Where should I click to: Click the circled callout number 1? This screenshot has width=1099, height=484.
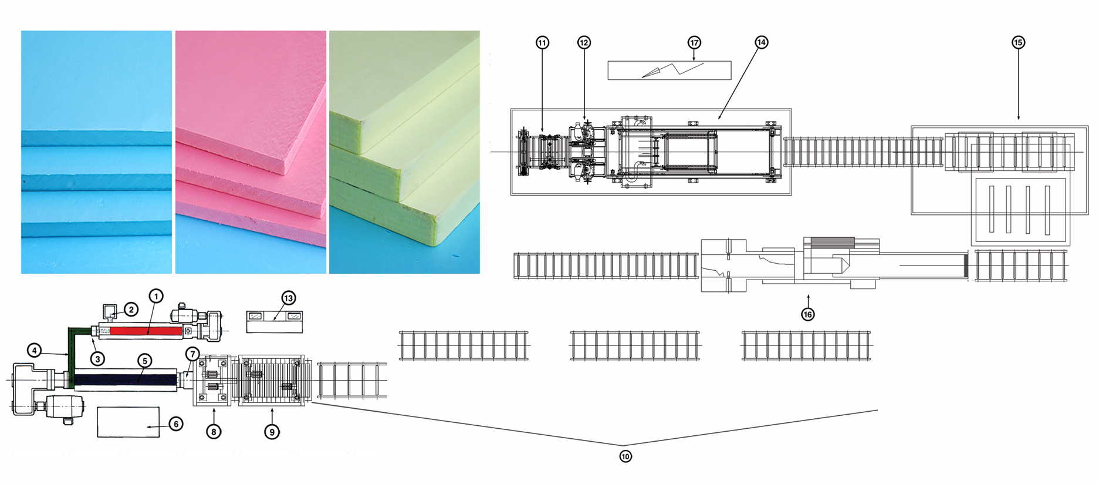[155, 296]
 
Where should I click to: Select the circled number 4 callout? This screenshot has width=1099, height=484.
[35, 351]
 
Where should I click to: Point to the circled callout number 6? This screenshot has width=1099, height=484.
[175, 424]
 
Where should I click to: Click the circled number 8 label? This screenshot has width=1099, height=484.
[214, 432]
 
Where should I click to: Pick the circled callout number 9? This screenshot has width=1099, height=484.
[272, 432]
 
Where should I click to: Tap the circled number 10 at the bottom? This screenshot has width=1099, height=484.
[625, 456]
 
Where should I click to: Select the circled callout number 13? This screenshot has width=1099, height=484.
[288, 298]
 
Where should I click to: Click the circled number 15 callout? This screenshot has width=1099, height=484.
[1018, 42]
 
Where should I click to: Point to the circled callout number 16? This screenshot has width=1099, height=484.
[808, 314]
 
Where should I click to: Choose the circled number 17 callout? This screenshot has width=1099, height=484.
[694, 42]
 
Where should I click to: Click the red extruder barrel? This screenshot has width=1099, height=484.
[146, 331]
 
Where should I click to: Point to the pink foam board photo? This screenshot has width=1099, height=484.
[251, 152]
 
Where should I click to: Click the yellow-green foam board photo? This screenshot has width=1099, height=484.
[404, 152]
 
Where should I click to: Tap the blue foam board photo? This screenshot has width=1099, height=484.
[96, 152]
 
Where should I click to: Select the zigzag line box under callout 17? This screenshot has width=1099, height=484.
[669, 70]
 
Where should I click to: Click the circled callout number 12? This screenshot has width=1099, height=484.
[583, 42]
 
